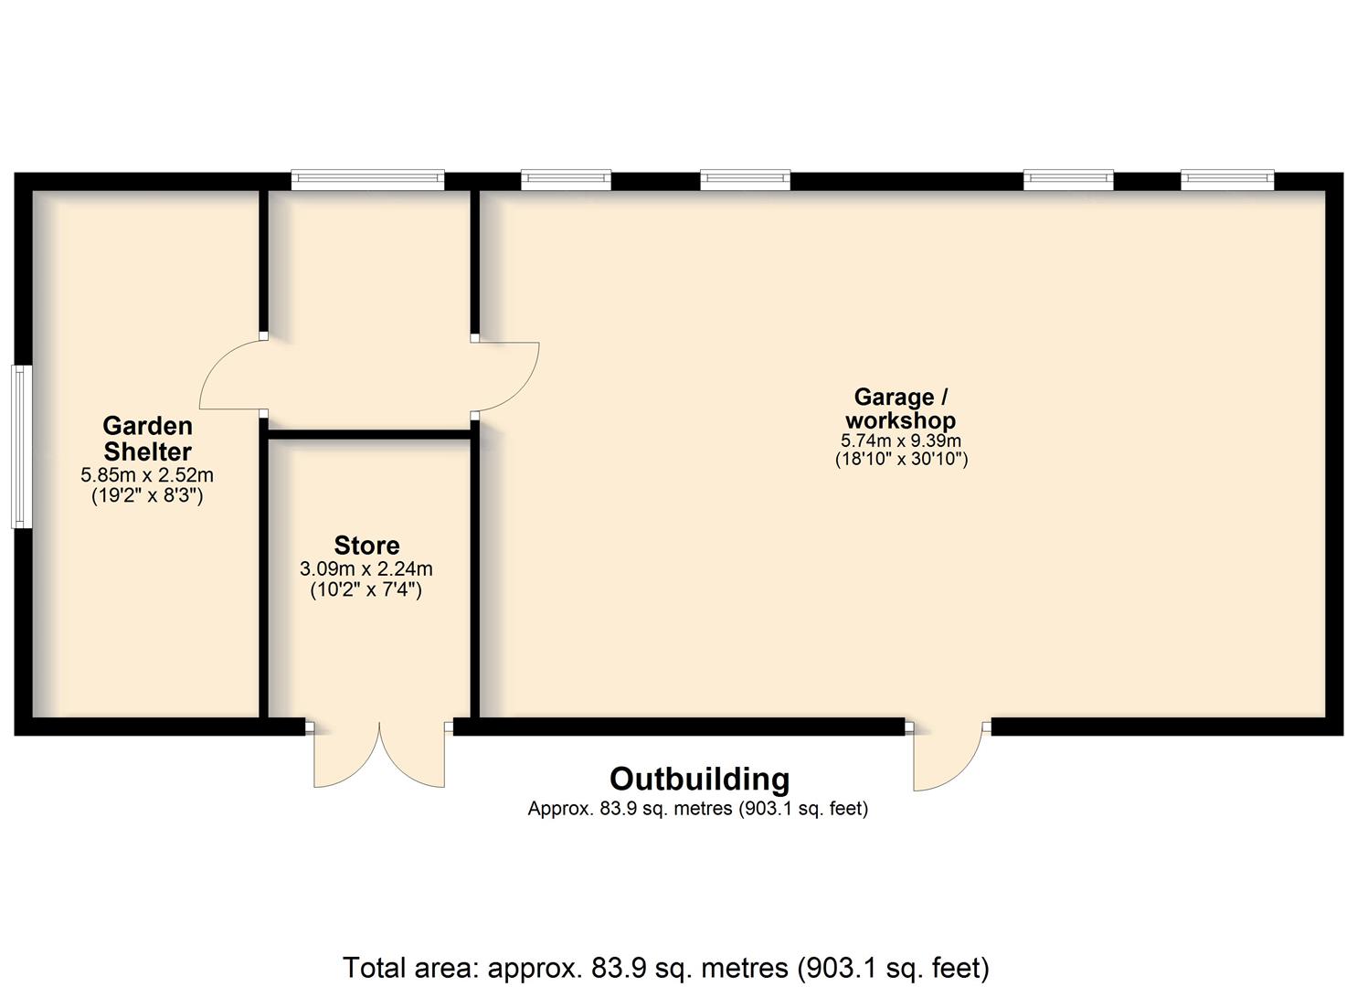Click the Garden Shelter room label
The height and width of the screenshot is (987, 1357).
coord(147,439)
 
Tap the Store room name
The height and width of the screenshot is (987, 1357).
coord(366,546)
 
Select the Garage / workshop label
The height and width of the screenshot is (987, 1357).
coord(901,409)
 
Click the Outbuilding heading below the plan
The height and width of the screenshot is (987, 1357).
coord(700,780)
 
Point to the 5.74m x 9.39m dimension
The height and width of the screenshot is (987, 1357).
coord(901,441)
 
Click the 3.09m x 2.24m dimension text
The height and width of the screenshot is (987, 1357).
coord(366,569)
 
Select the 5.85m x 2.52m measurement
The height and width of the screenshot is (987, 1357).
coord(147,475)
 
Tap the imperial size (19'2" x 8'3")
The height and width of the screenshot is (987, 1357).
coord(147,496)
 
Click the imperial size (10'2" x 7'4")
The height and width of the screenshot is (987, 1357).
coord(366,590)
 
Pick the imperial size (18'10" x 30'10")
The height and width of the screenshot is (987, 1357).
coord(901,460)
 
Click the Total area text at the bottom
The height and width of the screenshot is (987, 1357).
coord(666,968)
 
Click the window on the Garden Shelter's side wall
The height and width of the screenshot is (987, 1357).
coord(22,447)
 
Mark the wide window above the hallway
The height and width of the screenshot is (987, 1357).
coord(367,179)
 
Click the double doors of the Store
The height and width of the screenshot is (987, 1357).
coord(379,754)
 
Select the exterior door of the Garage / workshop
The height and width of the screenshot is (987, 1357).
coord(948,756)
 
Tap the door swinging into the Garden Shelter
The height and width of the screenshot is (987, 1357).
coord(233,375)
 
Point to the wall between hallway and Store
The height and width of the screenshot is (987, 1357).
coord(369,434)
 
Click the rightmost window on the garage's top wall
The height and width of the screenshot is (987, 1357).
coord(1227,179)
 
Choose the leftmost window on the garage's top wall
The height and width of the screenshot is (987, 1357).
coord(566,179)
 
